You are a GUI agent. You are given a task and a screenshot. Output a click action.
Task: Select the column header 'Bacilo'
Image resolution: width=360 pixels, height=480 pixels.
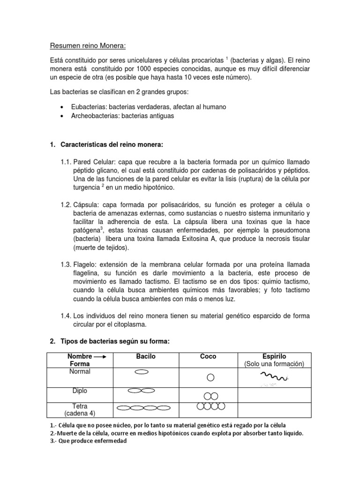[x=145, y=357]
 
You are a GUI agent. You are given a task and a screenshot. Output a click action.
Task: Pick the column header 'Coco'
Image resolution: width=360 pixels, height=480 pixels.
[x=208, y=357]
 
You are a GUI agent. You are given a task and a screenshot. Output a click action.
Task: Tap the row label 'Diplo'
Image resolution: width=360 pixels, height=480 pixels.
[x=79, y=390]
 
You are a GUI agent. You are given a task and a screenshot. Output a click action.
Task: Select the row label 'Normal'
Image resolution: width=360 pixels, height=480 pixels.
[x=79, y=371]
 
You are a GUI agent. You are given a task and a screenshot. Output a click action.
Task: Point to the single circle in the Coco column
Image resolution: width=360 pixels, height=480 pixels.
[x=211, y=377]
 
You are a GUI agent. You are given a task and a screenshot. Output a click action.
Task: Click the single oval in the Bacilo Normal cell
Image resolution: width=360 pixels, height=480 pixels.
[x=141, y=372]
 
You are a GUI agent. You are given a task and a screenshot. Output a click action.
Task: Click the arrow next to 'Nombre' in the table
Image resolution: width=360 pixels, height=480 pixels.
[x=100, y=357]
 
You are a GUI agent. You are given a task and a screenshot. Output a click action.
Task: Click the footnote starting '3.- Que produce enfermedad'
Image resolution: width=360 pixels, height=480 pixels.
[x=88, y=441]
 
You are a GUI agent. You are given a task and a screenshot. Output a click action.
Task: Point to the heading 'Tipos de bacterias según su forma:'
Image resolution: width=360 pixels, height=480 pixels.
[x=114, y=342]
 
